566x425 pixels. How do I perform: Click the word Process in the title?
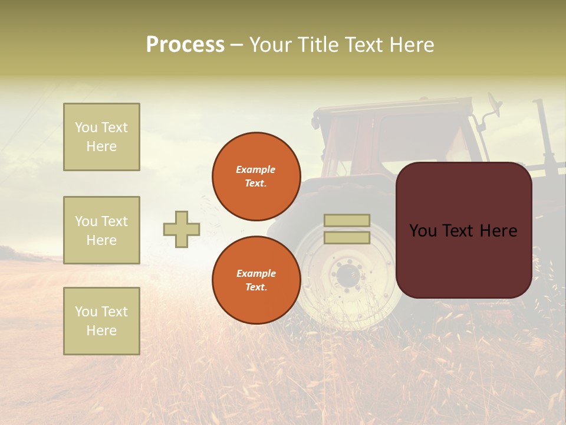[185, 45]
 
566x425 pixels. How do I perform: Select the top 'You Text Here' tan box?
[101, 137]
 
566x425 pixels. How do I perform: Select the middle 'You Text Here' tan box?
[101, 230]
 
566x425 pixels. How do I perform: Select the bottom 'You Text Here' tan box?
[101, 321]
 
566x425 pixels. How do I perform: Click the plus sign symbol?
[182, 229]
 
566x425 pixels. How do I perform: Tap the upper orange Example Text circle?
[256, 176]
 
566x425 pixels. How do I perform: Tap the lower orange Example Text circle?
[256, 280]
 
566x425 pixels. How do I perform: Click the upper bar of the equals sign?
[347, 221]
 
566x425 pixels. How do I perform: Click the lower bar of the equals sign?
[347, 237]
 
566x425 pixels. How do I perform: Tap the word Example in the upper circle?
[256, 169]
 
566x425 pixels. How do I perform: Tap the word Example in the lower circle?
[256, 273]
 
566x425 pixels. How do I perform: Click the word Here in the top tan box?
[101, 146]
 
